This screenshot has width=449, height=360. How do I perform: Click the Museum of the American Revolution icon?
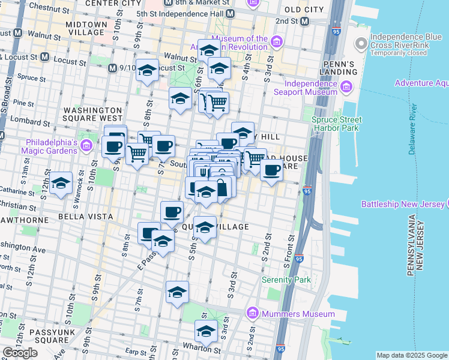277,41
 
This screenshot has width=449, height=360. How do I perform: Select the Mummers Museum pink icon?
252,314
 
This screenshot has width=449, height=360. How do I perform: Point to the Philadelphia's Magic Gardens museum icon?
86,145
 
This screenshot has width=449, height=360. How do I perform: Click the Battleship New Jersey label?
401,205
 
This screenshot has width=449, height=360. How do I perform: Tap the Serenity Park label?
286,280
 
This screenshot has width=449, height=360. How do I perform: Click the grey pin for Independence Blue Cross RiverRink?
361,43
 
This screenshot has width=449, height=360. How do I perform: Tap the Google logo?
20,353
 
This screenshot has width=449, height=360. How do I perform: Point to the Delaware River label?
412,129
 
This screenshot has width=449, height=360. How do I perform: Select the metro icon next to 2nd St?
305,22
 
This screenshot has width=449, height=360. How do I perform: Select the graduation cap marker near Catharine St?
61,184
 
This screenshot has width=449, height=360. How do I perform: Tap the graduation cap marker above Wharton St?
206,331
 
